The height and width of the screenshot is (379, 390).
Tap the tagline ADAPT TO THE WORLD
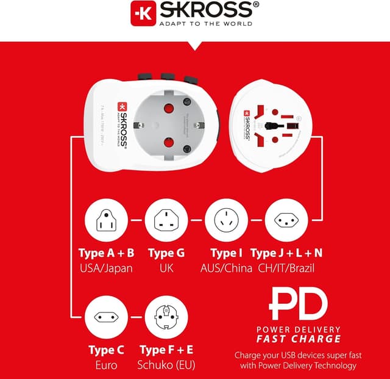coord(205,24)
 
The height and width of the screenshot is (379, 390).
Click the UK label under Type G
coord(166,268)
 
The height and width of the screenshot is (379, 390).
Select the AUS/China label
coord(226,268)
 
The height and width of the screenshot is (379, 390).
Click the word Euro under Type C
coord(106,365)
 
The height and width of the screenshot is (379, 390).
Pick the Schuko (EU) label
coord(166,365)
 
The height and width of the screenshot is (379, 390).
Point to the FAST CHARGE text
coord(299,339)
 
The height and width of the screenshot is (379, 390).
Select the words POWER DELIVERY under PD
coord(299,330)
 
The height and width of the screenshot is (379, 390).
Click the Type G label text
coord(166,253)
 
